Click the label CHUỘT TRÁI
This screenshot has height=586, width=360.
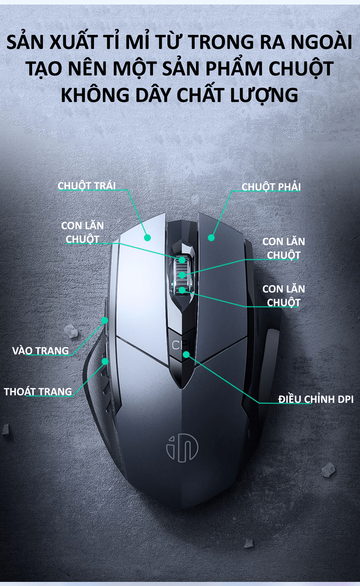tap(87, 186)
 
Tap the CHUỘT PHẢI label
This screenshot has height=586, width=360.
tap(271, 187)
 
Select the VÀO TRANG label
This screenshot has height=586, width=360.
tap(41, 351)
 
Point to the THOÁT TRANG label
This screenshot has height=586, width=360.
tap(38, 391)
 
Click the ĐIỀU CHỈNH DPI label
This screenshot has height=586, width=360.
tap(316, 399)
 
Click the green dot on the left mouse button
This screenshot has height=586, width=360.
tap(147, 238)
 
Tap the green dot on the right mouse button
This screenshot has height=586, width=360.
tap(211, 237)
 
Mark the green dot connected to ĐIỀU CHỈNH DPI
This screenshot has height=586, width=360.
tap(186, 354)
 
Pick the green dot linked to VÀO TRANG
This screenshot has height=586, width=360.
tap(104, 320)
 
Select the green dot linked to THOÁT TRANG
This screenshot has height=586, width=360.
tap(105, 361)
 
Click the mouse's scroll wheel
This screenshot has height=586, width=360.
tap(182, 274)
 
